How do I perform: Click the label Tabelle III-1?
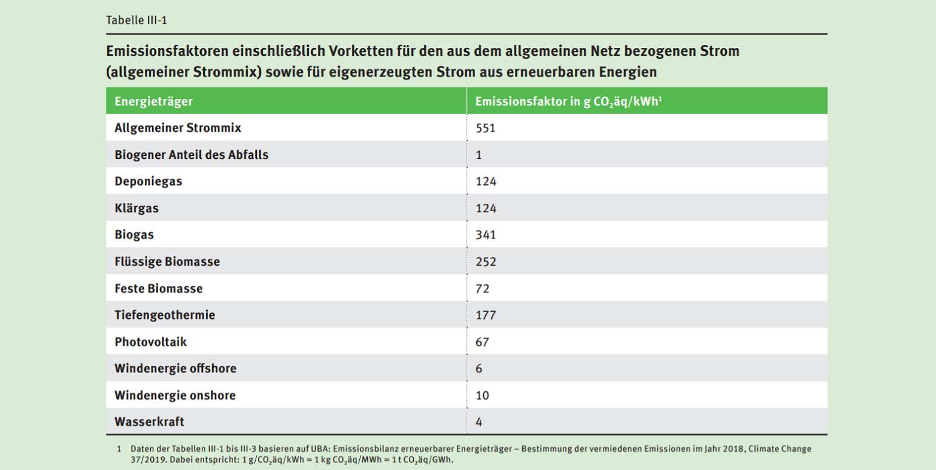tap(136, 20)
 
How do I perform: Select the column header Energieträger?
tap(153, 101)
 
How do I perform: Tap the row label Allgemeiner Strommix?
tap(178, 128)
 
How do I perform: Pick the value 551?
tap(486, 128)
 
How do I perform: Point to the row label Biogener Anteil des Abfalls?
tap(191, 155)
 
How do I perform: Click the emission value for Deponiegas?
tap(486, 181)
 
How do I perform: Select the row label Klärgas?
tap(136, 208)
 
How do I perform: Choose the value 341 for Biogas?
tap(486, 235)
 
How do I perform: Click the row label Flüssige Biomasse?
tap(167, 261)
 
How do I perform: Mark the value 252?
tap(486, 261)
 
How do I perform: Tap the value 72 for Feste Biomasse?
tap(482, 288)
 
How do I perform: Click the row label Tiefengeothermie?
tap(165, 315)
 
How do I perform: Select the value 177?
tap(486, 315)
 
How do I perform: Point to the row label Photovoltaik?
tap(151, 341)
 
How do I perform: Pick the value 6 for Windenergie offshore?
tap(479, 368)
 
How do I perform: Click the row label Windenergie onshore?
tap(175, 395)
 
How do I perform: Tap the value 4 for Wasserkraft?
tap(479, 421)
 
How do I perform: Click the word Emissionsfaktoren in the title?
tap(159, 51)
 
